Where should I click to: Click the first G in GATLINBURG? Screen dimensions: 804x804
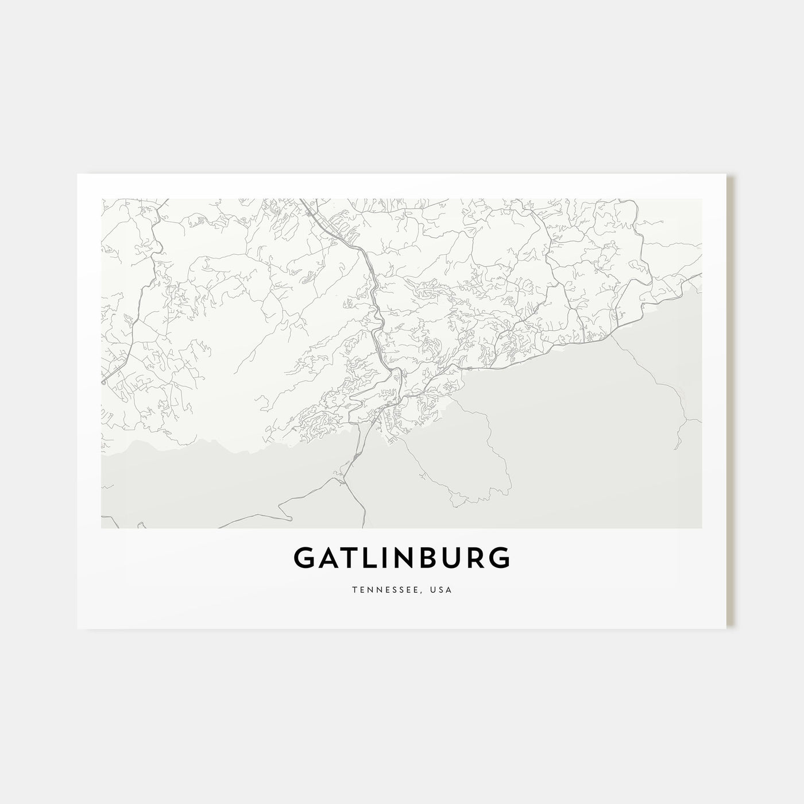point(304,558)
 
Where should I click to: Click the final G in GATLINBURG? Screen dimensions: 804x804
point(497,558)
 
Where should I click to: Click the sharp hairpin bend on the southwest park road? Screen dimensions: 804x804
point(290,519)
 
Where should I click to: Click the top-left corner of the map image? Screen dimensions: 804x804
point(102,199)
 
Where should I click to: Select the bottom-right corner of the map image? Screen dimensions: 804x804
point(702,528)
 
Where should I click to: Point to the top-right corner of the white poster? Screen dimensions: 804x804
point(726,174)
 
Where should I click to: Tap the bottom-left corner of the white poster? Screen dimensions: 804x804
point(78,628)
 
